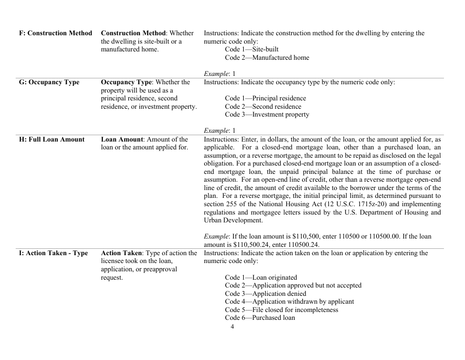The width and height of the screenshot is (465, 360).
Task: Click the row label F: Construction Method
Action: (x=55, y=33)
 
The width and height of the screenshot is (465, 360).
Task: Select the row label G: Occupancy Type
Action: (x=49, y=82)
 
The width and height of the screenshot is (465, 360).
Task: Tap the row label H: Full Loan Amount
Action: (x=51, y=140)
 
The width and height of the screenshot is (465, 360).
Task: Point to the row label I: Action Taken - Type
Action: (x=53, y=253)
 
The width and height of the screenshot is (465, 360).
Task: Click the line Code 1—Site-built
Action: (x=252, y=49)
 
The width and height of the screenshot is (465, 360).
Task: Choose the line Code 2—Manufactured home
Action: (x=267, y=58)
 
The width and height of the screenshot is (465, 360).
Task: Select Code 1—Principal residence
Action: (x=265, y=98)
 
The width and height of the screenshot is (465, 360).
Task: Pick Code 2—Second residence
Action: (x=263, y=107)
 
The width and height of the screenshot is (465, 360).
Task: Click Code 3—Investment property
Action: (x=267, y=115)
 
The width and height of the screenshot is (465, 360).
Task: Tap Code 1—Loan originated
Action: (x=261, y=277)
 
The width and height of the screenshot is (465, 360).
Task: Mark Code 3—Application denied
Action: (x=265, y=294)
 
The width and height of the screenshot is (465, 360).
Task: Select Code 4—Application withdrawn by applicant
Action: (x=289, y=302)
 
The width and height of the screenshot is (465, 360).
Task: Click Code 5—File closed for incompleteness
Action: (x=281, y=310)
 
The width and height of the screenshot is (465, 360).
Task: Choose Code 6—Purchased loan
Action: (x=260, y=318)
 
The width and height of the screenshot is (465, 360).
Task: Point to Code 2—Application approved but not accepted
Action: (x=293, y=286)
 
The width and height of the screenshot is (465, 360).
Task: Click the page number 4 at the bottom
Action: (x=232, y=327)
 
